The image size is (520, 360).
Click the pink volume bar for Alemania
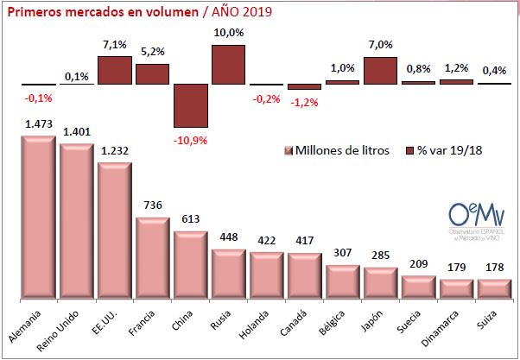point(37,216)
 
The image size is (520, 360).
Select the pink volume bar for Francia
point(152,256)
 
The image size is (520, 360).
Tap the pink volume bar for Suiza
point(494,287)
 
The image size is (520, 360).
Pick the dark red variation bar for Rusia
point(228,65)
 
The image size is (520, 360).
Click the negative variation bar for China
point(190,105)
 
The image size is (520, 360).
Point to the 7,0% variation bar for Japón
point(380,71)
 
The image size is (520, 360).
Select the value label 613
point(190,221)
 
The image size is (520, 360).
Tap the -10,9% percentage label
point(190,138)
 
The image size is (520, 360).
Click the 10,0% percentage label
point(228,33)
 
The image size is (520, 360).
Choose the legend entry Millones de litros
point(337,150)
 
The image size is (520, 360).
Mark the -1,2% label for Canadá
point(304,102)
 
